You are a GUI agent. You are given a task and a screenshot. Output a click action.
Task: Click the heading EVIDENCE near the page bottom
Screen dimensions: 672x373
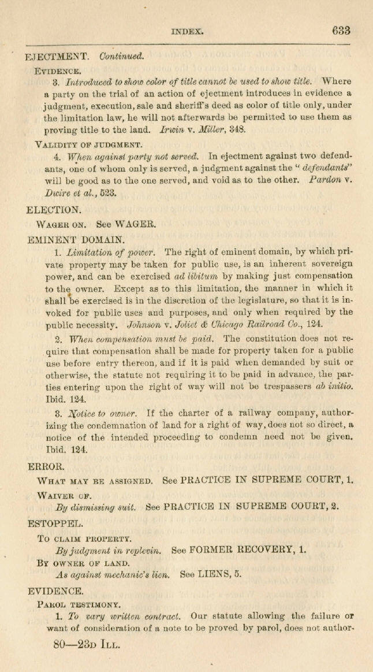tap(55, 591)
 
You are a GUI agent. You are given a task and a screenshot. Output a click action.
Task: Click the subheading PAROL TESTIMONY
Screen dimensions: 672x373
tap(79, 604)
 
